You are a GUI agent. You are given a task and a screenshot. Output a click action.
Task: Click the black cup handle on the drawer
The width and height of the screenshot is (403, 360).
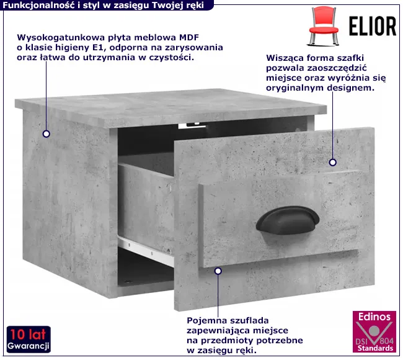tap(287, 220)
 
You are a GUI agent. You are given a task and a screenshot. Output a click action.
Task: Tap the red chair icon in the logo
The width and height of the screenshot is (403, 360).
tap(323, 26)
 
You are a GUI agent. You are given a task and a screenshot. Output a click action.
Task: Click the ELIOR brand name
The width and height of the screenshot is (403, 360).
tap(373, 26)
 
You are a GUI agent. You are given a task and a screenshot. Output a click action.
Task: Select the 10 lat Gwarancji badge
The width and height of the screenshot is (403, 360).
tap(29, 340)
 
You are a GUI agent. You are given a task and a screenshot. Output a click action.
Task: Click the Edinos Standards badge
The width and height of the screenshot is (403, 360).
tap(374, 331)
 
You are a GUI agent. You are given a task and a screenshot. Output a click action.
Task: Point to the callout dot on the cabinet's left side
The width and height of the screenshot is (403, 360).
tap(46, 134)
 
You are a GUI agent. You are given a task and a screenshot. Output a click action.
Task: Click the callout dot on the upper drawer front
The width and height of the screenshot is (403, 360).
tap(333, 163)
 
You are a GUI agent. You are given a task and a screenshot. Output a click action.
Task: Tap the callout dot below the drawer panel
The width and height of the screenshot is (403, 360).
tap(218, 271)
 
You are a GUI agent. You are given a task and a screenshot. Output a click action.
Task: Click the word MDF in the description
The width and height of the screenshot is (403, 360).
tap(189, 37)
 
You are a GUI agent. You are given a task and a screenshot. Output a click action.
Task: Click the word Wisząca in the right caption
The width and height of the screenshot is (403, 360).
tap(284, 58)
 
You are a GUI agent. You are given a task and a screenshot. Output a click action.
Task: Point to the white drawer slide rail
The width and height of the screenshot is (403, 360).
tap(146, 250)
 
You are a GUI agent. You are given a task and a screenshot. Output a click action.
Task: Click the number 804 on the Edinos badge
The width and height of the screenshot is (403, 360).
tap(387, 341)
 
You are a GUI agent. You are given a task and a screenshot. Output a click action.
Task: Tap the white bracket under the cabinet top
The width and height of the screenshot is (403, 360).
tap(192, 125)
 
